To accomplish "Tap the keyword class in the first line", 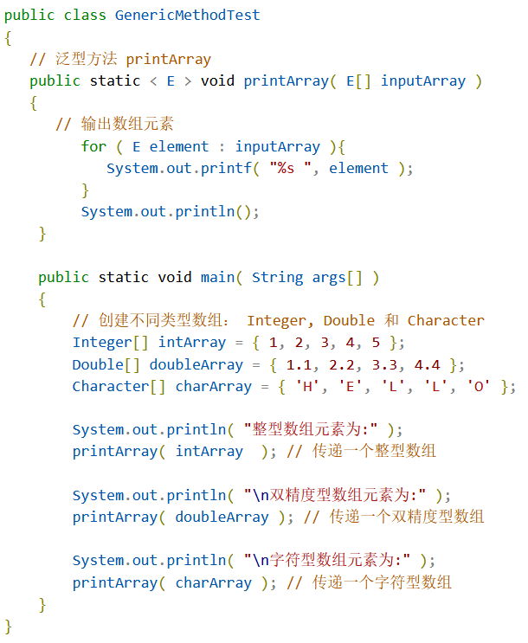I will point(85,16).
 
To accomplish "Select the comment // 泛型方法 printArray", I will point(120,59).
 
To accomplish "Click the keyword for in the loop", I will point(93,146).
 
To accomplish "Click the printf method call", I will point(231,168).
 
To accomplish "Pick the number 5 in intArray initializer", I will point(377,342).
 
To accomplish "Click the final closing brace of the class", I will point(9,625).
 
